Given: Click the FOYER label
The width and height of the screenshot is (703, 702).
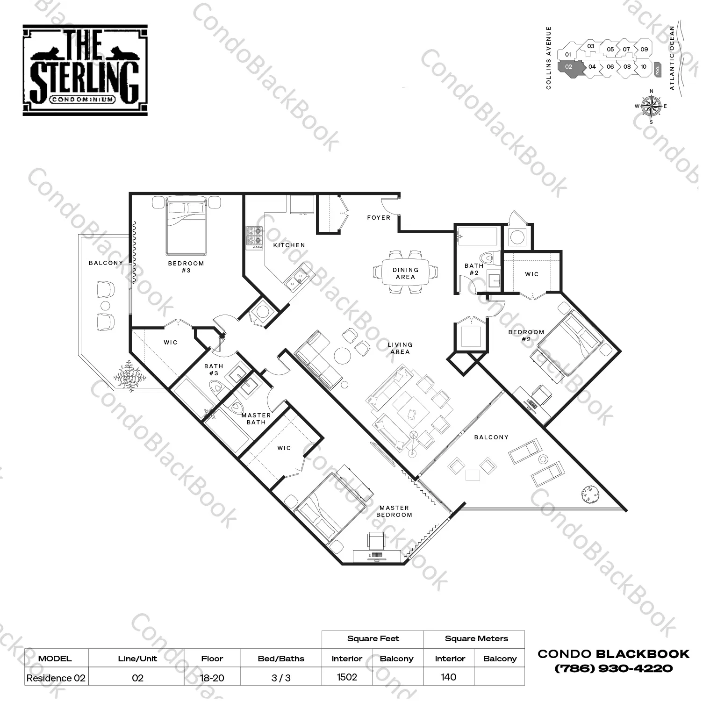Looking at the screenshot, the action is [x=379, y=218].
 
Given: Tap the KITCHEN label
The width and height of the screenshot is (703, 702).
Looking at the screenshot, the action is [x=289, y=245].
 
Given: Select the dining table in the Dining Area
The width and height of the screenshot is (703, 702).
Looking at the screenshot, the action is [x=405, y=272].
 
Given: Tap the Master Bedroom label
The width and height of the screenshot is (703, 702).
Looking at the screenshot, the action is [x=395, y=511].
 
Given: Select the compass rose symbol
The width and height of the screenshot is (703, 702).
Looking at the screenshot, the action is [x=651, y=106].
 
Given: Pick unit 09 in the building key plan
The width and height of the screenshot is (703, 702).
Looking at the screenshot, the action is [x=644, y=49].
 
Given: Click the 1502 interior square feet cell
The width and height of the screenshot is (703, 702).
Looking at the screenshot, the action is [x=347, y=677].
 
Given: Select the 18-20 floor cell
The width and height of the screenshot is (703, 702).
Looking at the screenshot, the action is [x=212, y=678].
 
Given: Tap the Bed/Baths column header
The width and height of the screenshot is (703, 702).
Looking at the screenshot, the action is [x=281, y=659].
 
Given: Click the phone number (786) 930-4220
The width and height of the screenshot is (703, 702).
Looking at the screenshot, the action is [x=614, y=669].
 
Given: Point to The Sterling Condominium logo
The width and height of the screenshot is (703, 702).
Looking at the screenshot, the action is [x=85, y=70].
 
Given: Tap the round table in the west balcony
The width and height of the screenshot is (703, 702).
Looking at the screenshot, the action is [x=105, y=306].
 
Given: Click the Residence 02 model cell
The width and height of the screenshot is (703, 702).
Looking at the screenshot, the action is [x=56, y=678].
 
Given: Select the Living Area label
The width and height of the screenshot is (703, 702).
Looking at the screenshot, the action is [x=400, y=348].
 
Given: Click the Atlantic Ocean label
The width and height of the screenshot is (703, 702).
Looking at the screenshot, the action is [x=672, y=58].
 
